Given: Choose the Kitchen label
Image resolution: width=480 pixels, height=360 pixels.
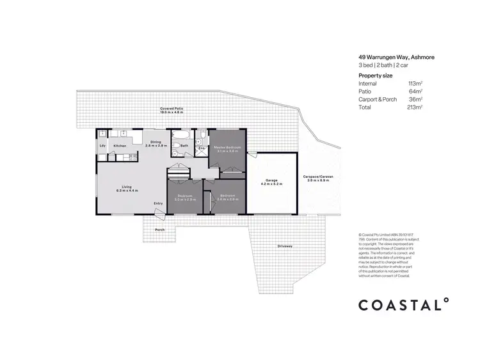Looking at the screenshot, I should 120,146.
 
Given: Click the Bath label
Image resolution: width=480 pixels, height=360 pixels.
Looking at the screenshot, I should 184,146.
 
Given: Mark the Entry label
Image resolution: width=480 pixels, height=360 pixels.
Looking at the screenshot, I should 158,204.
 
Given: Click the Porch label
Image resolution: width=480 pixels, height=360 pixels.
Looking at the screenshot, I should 160,230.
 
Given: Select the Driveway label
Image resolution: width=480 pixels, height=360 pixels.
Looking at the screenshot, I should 285,246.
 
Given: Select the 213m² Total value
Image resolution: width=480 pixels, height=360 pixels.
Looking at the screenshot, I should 415,107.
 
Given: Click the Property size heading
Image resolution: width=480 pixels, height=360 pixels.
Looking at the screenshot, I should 376,75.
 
